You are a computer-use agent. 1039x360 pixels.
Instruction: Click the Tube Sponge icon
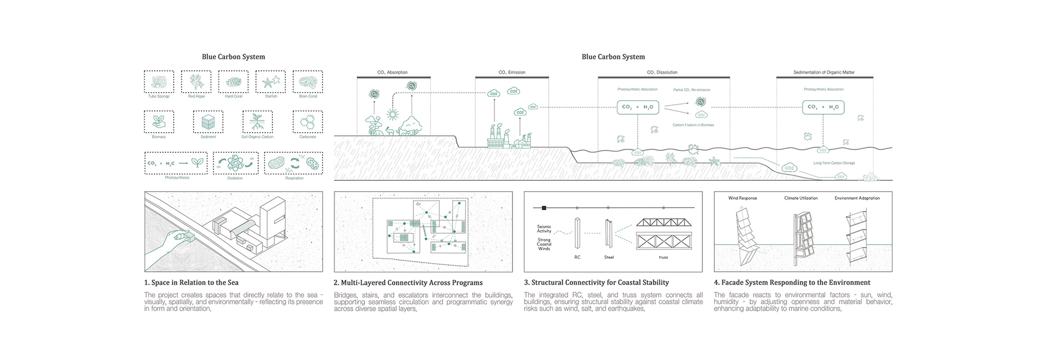pyautogui.click(x=159, y=82)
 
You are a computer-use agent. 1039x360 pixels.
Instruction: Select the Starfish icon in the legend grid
pyautogui.click(x=271, y=82)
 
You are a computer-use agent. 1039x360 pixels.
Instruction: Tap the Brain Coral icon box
pyautogui.click(x=308, y=82)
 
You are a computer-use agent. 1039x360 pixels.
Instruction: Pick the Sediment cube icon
pyautogui.click(x=208, y=122)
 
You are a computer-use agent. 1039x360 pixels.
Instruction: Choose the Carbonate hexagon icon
pyautogui.click(x=308, y=122)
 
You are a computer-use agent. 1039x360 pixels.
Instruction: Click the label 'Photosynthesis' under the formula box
pyautogui.click(x=177, y=178)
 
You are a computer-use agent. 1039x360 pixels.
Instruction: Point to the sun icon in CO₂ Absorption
pyautogui.click(x=392, y=114)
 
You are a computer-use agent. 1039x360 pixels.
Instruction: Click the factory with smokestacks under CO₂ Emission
pyautogui.click(x=496, y=136)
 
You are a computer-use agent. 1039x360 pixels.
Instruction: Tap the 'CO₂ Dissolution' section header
pyautogui.click(x=662, y=73)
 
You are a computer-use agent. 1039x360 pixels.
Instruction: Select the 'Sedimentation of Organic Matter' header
pyautogui.click(x=824, y=73)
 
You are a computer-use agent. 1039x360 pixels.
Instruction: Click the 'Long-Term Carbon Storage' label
pyautogui.click(x=834, y=163)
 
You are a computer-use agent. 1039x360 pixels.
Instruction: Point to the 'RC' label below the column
pyautogui.click(x=577, y=257)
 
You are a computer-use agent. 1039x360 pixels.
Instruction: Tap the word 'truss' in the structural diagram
pyautogui.click(x=663, y=257)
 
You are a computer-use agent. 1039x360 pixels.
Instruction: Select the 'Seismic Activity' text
pyautogui.click(x=544, y=229)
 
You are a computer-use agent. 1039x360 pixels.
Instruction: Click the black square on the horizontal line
pyautogui.click(x=544, y=207)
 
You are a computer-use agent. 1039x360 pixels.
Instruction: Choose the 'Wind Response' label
pyautogui.click(x=742, y=198)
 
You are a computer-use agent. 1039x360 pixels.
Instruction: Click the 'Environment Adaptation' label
pyautogui.click(x=857, y=198)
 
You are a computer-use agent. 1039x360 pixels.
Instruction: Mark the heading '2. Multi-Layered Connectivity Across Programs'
pyautogui.click(x=408, y=283)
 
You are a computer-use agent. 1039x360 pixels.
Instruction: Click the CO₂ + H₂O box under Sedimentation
pyautogui.click(x=823, y=107)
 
